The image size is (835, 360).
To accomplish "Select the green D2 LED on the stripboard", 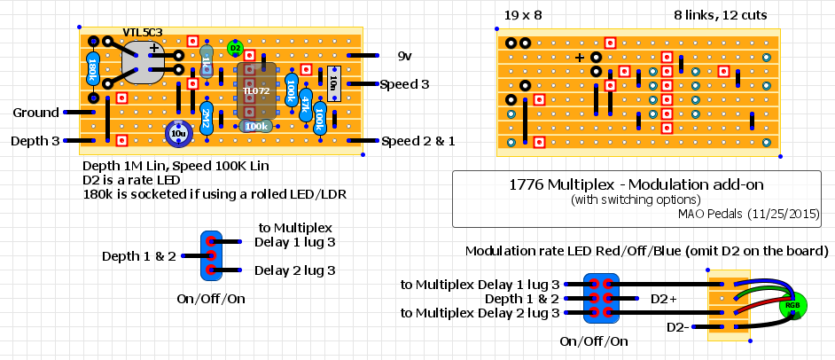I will coord(235,47).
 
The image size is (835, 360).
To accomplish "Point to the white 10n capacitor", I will coord(333,83).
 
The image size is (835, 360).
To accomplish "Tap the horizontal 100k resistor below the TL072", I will coord(257,127).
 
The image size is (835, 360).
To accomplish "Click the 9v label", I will coord(404,56).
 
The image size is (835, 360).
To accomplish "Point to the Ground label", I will coord(35,113).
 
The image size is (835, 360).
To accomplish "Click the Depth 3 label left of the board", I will coord(36,141).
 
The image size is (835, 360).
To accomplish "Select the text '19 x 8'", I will coord(523,15).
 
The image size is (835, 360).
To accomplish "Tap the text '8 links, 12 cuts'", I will coord(720,15).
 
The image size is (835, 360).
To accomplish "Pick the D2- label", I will coord(677,327).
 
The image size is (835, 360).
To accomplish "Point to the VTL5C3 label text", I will coord(143,33).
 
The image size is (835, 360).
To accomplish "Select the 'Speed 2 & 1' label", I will coord(417,141).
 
